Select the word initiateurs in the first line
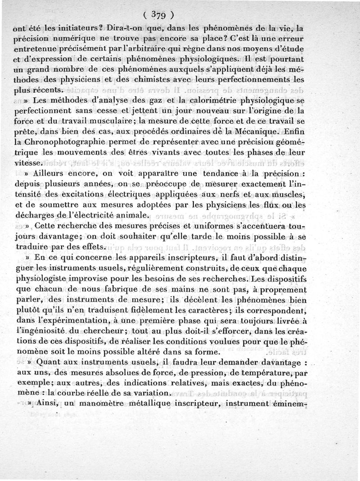pyautogui.click(x=72, y=28)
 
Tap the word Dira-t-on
pyautogui.click(x=126, y=28)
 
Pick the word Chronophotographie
pyautogui.click(x=69, y=142)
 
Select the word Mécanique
pyautogui.click(x=258, y=132)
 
